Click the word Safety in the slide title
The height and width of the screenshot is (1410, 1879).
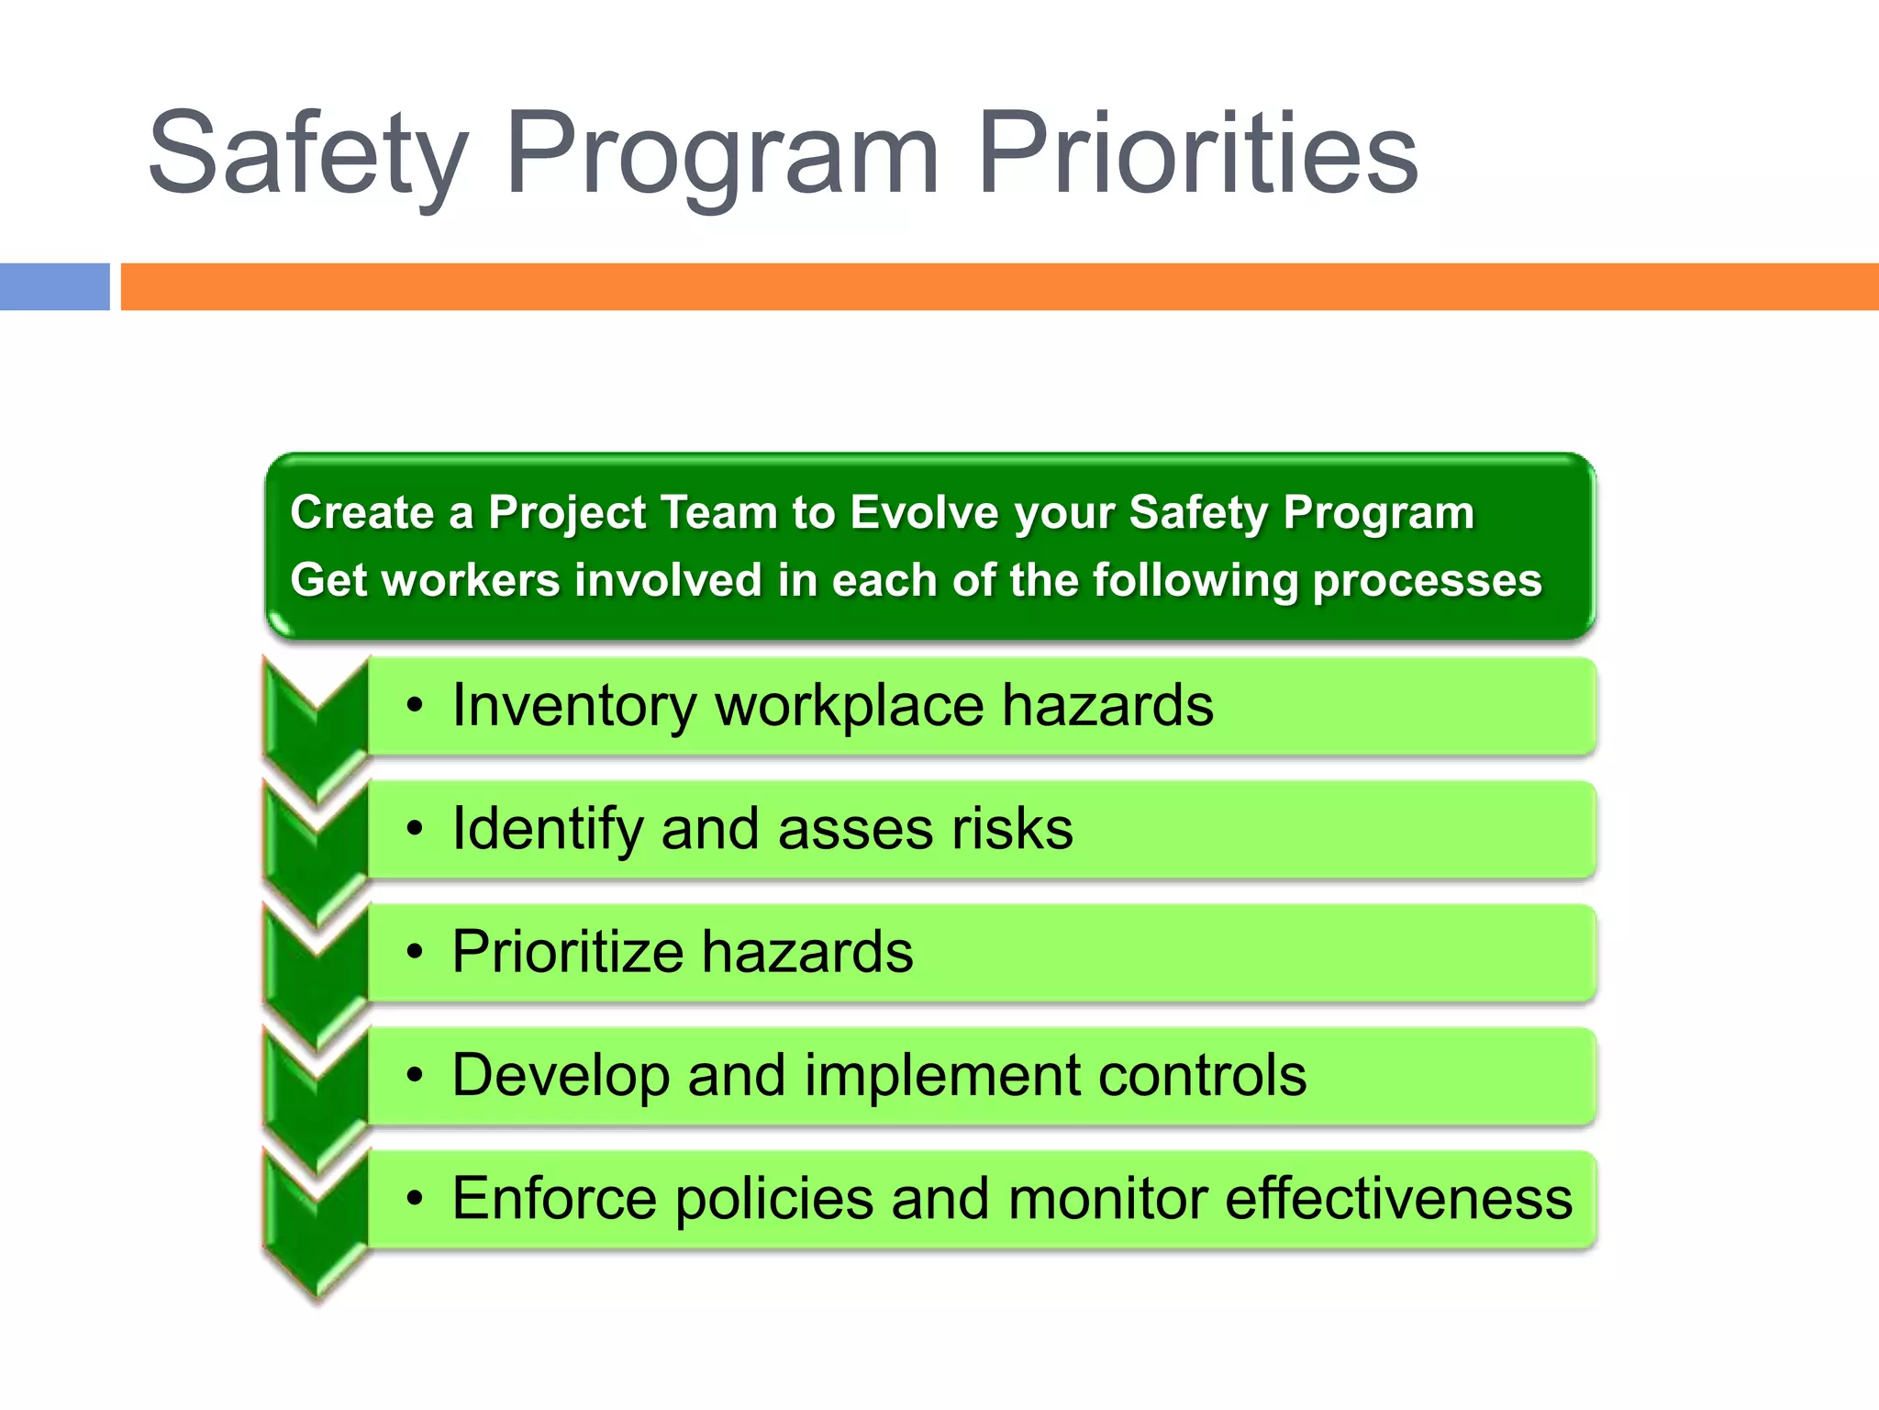click(x=307, y=154)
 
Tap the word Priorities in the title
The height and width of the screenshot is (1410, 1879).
click(x=1197, y=154)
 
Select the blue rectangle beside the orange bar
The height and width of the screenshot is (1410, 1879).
click(x=54, y=286)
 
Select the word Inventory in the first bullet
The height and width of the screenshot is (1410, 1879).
click(x=574, y=706)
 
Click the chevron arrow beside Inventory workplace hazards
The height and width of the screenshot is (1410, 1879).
click(x=316, y=725)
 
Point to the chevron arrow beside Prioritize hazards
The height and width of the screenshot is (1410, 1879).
click(x=316, y=973)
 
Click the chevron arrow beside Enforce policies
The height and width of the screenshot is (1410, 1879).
click(x=316, y=1221)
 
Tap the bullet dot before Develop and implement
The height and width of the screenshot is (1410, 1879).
click(x=416, y=1076)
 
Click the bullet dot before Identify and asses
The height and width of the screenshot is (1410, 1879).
click(x=416, y=830)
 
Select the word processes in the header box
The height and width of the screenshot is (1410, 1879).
click(x=1427, y=581)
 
